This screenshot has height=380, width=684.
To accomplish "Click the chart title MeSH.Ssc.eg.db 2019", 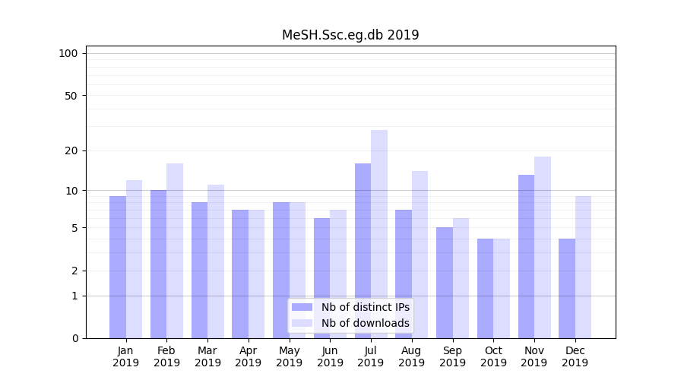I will pos(350,35).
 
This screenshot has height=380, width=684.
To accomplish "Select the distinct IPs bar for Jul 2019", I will pos(363,251).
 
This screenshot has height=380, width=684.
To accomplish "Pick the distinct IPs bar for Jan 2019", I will pos(118,266).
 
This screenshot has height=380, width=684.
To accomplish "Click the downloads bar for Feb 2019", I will pos(175,251).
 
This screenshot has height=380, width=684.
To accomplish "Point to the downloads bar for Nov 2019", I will pos(543,247).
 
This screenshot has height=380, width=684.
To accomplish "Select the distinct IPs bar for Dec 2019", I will pos(567,289).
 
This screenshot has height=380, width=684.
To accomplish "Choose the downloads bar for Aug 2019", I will pos(420,255).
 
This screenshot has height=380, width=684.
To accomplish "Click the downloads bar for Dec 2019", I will pos(584,266).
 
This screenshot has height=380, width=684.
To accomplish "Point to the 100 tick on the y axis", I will pos(68,53).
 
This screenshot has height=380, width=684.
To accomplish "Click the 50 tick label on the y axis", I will pos(71,96).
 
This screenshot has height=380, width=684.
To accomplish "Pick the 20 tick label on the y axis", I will pos(71,150).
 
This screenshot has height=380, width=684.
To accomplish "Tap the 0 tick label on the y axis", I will pos(74,338).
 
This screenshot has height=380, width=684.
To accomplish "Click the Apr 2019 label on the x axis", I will pos(249,356).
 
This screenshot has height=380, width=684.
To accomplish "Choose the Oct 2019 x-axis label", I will pos(493,356).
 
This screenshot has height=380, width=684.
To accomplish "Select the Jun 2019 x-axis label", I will pos(330,356).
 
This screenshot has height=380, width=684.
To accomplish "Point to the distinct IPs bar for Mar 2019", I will pos(199,270).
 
